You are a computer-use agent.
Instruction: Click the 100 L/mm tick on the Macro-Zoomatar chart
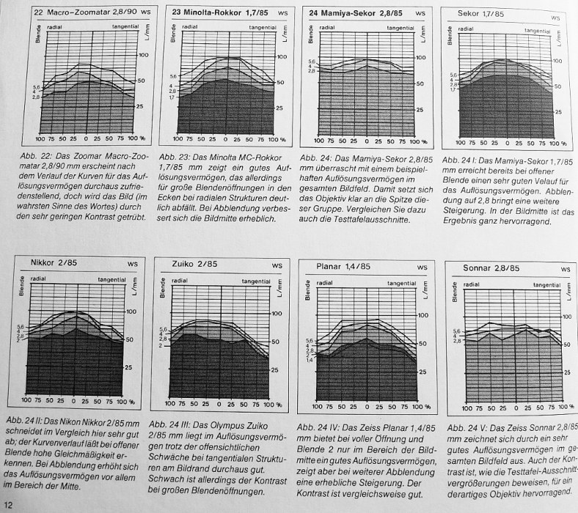(x=142, y=54)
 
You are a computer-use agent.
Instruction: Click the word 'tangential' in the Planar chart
(x=400, y=281)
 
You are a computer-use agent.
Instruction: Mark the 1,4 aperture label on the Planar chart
(x=310, y=359)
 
